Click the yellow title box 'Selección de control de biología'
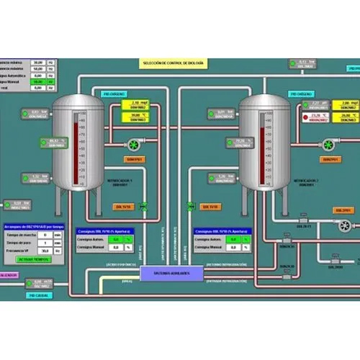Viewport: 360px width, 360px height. tap(172, 64)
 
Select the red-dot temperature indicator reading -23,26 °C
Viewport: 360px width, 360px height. tap(318, 116)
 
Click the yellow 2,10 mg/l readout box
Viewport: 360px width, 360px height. tap(134, 104)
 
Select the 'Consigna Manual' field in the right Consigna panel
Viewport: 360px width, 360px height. tap(231, 248)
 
